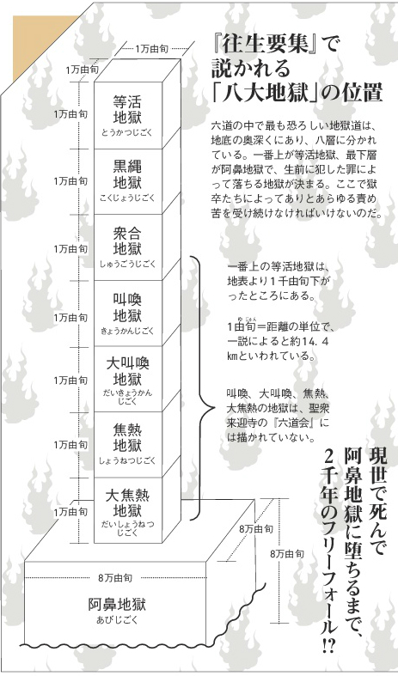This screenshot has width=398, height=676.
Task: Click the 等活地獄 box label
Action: coord(127,109)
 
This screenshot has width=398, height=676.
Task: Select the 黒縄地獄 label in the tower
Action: coord(127,174)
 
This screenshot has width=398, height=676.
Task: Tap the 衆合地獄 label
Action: coord(127,241)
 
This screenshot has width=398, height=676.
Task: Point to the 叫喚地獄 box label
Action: coord(127,308)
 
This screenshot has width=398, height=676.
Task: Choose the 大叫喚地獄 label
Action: coord(127,372)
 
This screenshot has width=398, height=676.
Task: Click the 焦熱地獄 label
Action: coord(127,437)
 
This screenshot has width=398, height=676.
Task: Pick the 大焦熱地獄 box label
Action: coord(127,503)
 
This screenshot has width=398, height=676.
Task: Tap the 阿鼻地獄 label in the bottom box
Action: coord(117,605)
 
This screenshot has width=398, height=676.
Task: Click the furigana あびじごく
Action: coord(117,620)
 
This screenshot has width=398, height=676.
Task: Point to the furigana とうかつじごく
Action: coord(127,132)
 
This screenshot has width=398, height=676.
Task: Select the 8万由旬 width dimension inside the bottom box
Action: coord(115,578)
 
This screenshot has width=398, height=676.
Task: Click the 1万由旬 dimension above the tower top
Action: coord(152,49)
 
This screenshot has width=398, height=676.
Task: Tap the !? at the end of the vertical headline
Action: coord(327,646)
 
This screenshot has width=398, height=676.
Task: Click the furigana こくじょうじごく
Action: coord(127,198)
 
